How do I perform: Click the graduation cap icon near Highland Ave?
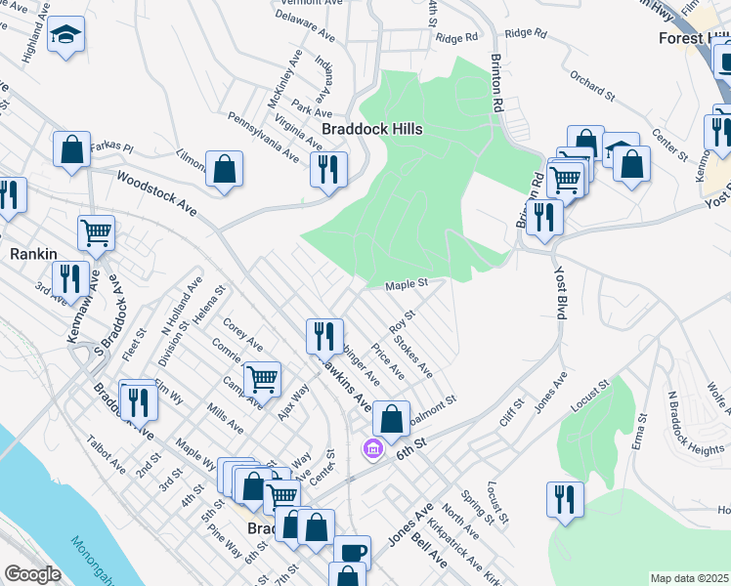point(67,36)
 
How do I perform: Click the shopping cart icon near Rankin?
point(96,232)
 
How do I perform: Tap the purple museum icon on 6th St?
point(372,448)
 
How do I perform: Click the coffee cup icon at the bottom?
point(352,552)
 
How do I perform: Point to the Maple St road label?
point(408,285)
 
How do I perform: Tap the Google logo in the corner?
point(31,574)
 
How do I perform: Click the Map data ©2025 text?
point(690,578)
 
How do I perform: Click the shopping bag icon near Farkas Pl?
point(72,150)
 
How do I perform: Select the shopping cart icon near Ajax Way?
point(262,379)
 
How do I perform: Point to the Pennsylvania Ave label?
point(262,137)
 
